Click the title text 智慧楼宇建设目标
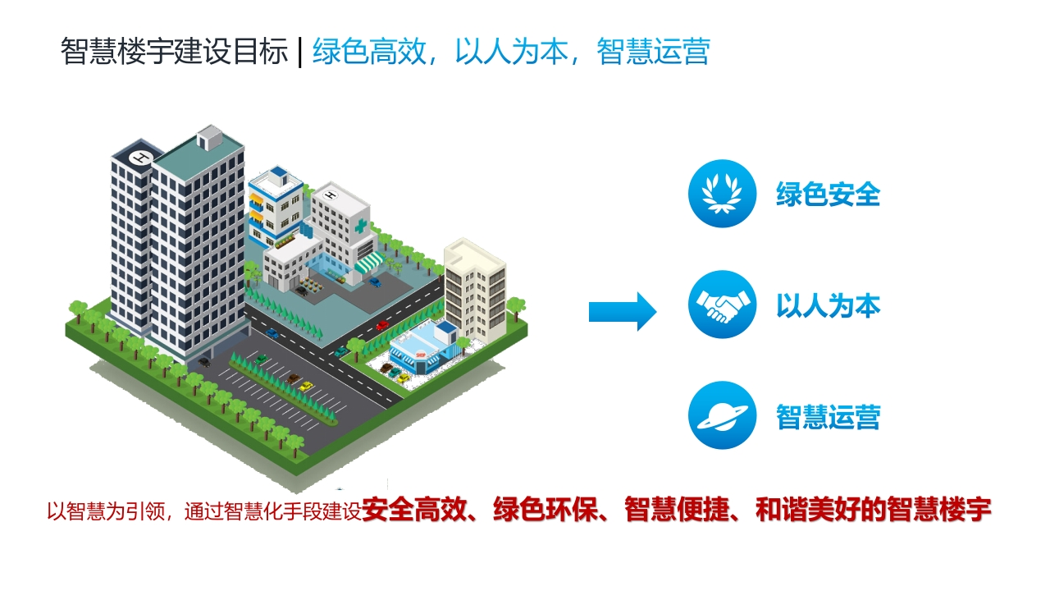[174, 51]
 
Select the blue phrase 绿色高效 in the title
[369, 51]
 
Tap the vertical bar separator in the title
[300, 52]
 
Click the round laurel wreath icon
[723, 194]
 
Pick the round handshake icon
[723, 305]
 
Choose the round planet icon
[723, 415]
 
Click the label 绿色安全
[829, 195]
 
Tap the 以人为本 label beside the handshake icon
[829, 305]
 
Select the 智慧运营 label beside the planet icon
[829, 416]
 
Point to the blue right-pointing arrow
[623, 311]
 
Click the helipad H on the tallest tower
[139, 157]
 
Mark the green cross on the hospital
[360, 227]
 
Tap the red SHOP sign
[421, 355]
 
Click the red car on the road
[382, 325]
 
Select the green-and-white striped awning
[369, 262]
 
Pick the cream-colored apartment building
[475, 290]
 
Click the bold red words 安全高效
[414, 510]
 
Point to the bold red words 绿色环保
[546, 510]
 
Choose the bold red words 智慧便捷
[677, 510]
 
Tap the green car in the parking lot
[261, 360]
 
